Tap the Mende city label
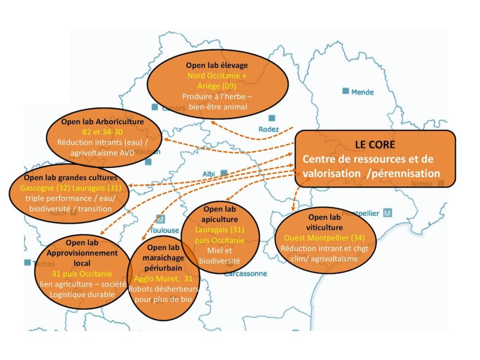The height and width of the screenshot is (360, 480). click(x=362, y=92)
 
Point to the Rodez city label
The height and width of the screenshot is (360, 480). click(x=268, y=129)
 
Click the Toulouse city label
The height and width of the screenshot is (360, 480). click(x=165, y=230)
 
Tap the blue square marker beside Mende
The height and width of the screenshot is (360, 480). click(x=346, y=91)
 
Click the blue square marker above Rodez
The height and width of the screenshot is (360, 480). click(x=272, y=118)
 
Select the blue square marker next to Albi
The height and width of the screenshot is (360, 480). click(x=224, y=172)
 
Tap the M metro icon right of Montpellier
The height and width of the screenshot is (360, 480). click(x=388, y=212)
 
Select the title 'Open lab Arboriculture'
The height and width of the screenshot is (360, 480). click(x=102, y=121)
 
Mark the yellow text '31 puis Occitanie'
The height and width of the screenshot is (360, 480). click(x=82, y=274)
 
